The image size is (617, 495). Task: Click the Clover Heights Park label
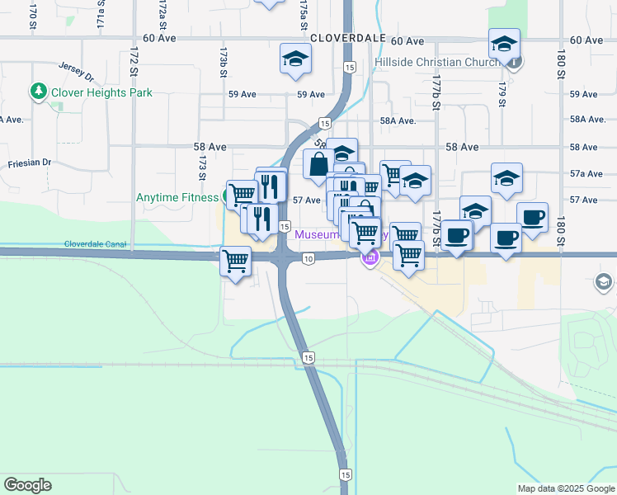click(x=101, y=92)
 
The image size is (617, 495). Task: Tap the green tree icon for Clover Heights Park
click(x=38, y=92)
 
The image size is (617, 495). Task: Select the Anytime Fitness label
click(x=177, y=197)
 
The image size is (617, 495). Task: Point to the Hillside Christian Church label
click(x=436, y=62)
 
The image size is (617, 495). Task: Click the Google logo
click(x=27, y=485)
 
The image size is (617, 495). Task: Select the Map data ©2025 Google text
click(x=565, y=488)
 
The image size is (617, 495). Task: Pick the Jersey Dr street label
click(x=77, y=70)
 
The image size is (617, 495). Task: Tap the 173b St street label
click(x=223, y=62)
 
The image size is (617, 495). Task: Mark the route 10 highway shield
click(x=308, y=259)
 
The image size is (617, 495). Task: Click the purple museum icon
click(x=369, y=259)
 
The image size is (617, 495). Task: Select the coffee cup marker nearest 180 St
click(x=532, y=218)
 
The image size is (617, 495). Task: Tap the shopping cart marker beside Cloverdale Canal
click(x=236, y=262)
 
